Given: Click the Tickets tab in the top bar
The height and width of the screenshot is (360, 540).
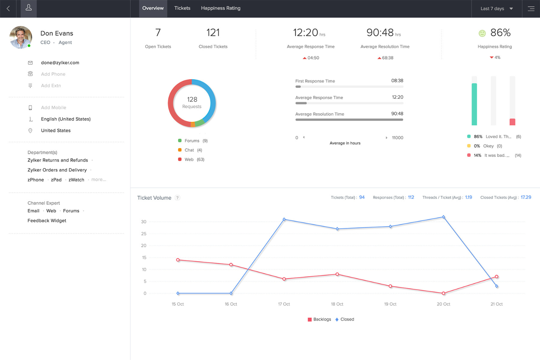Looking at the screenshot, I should [x=182, y=8].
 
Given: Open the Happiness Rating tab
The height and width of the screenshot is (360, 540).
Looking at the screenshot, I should [x=220, y=8].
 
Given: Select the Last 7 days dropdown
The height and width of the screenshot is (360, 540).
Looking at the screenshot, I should [x=497, y=8].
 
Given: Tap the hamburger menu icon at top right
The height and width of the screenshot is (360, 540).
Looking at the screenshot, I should [x=531, y=8].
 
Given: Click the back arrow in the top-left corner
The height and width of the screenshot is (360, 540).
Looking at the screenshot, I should [x=8, y=8].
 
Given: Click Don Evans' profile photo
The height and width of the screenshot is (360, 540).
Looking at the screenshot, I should [x=21, y=37].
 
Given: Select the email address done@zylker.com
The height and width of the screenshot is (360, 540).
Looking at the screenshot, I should [x=60, y=63].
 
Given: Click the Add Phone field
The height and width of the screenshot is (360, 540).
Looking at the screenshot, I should [x=53, y=74].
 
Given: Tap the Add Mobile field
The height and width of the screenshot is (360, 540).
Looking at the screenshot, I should [x=53, y=108].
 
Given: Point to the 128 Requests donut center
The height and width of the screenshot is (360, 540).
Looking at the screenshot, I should [x=192, y=102].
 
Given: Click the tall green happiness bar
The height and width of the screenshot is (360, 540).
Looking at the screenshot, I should [x=474, y=104].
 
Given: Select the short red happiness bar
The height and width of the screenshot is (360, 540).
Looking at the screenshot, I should [x=512, y=122].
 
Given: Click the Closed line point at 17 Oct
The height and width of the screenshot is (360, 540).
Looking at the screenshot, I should [x=284, y=220].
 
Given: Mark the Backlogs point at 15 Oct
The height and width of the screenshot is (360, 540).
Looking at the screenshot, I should [x=178, y=260].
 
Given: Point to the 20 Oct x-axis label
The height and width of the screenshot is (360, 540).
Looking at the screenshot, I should [x=443, y=304].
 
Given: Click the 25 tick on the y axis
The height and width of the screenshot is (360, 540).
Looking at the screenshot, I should [x=144, y=234].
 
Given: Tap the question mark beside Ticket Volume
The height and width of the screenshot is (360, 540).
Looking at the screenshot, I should [x=177, y=198].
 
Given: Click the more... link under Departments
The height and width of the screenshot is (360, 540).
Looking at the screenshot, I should [x=99, y=179].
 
